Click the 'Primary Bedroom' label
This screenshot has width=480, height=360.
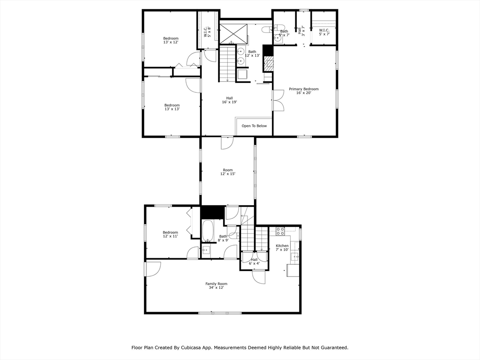click(x=303, y=89)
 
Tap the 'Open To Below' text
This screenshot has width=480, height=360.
click(x=254, y=126)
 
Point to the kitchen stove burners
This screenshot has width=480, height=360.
click(x=280, y=231)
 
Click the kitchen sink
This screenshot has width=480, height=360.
click(x=294, y=256)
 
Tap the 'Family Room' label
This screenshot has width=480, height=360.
click(x=216, y=284)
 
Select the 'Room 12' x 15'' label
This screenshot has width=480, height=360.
click(x=227, y=172)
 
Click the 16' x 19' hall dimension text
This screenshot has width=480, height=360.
click(x=229, y=102)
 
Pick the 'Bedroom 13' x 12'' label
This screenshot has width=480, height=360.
click(x=171, y=40)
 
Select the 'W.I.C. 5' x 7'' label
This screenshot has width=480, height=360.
click(x=324, y=32)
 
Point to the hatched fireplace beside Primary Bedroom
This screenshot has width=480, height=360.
click(x=269, y=63)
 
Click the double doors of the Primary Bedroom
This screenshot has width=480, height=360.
click(x=278, y=100)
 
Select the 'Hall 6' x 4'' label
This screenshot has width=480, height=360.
click(x=254, y=261)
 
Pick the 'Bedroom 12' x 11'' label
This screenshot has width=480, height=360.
click(x=170, y=234)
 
